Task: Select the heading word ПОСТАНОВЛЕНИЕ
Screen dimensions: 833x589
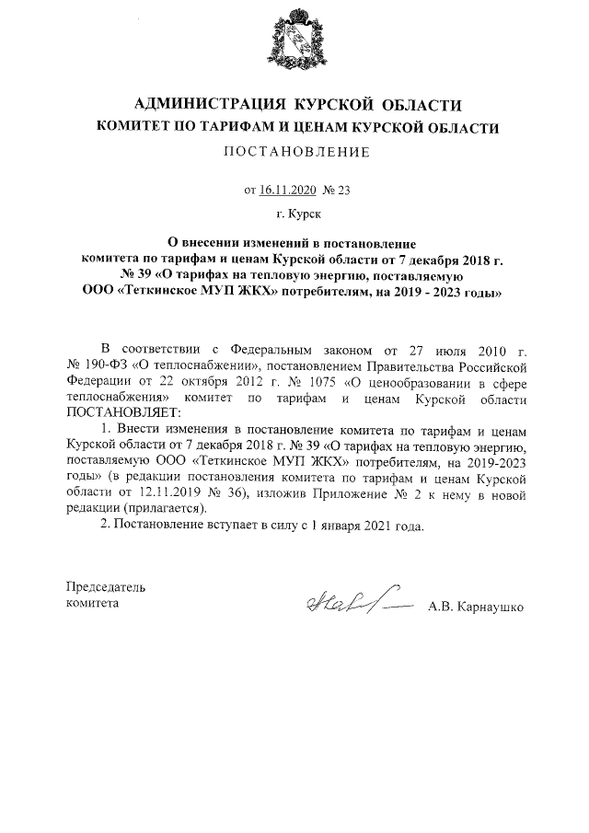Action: pyautogui.click(x=294, y=152)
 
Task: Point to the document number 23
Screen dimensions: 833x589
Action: pyautogui.click(x=345, y=191)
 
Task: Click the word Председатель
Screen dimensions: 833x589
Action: pyautogui.click(x=106, y=587)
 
